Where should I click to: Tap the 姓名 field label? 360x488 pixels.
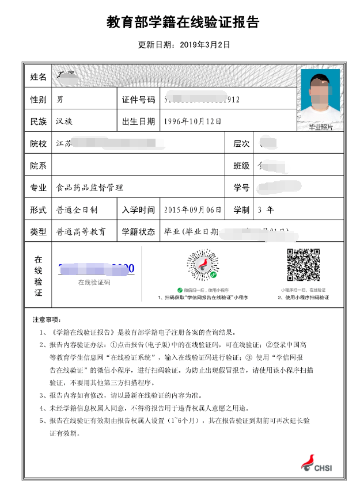click(x=38, y=77)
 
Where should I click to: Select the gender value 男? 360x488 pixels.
click(x=60, y=100)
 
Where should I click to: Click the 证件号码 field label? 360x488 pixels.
click(x=138, y=100)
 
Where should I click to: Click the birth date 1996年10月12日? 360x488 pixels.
click(x=192, y=121)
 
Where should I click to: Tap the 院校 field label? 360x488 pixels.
click(x=38, y=144)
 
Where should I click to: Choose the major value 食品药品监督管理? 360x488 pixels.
click(x=89, y=188)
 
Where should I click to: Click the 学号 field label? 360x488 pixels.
click(x=241, y=188)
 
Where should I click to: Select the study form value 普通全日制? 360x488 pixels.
click(x=77, y=210)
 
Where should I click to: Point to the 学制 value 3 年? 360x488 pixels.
click(x=266, y=210)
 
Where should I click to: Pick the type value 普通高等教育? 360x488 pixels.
click(x=81, y=232)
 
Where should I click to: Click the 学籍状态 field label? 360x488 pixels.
click(x=138, y=232)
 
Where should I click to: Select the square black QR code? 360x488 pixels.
click(x=303, y=265)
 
